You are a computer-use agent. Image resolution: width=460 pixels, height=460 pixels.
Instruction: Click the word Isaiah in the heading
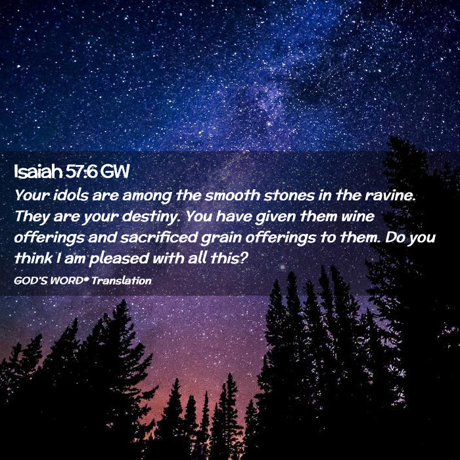[x=38, y=172]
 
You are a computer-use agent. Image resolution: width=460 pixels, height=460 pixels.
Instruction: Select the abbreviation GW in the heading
[x=114, y=172]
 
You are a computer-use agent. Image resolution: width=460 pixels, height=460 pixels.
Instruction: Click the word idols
[x=71, y=195]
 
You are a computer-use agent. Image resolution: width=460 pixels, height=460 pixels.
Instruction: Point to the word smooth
[x=233, y=195]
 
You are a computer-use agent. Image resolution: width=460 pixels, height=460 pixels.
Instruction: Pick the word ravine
[x=390, y=195]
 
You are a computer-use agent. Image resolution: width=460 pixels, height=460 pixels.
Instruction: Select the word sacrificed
[x=159, y=237]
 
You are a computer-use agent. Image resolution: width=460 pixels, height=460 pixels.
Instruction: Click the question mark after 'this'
[x=244, y=258]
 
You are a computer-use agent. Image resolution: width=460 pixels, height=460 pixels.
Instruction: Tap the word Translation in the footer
[x=122, y=281]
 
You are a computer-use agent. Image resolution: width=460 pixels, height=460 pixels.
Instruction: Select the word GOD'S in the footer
[x=30, y=281]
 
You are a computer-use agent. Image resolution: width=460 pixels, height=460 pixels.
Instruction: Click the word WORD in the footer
[x=66, y=281]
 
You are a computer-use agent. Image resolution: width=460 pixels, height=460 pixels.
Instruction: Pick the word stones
[x=289, y=195]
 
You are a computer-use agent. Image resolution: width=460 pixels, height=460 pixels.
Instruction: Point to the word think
[x=34, y=258]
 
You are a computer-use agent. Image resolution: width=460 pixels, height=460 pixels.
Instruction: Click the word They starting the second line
[x=32, y=217]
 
